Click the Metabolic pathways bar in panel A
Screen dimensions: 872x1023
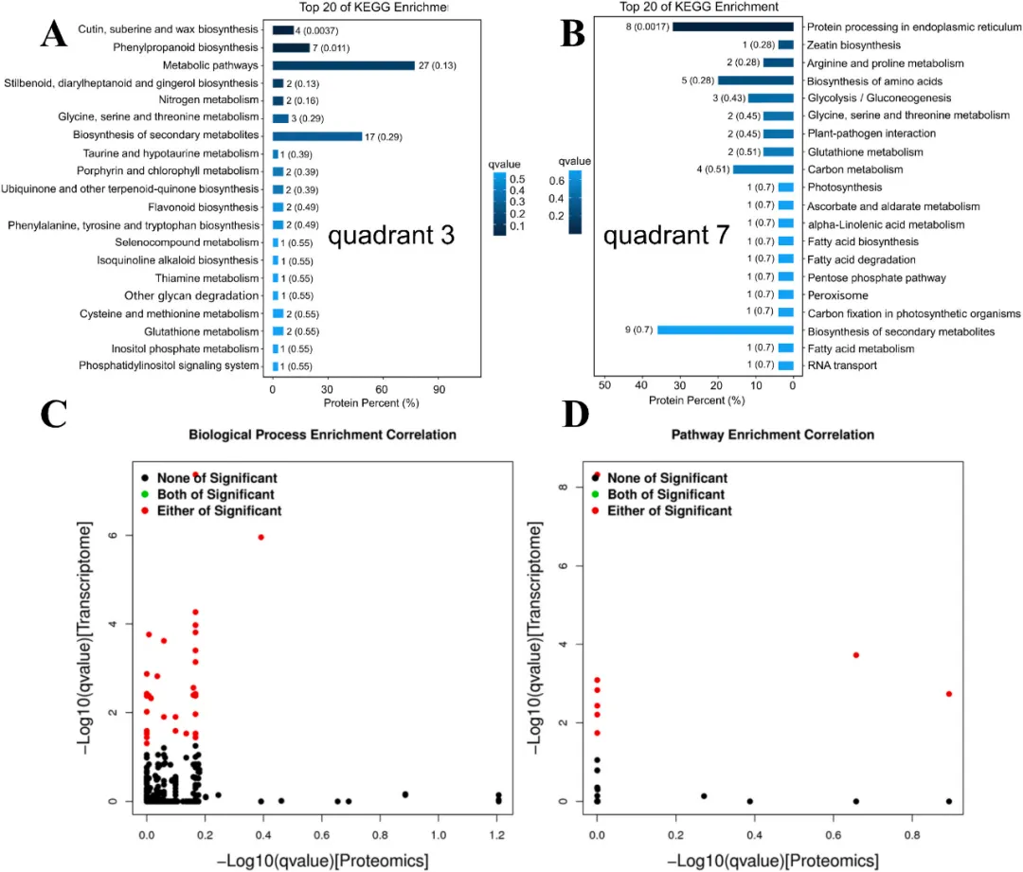(343, 65)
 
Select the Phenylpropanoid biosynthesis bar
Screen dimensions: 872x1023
(291, 47)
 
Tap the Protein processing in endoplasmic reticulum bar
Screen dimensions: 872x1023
(732, 27)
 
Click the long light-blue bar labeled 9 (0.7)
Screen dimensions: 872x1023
(725, 330)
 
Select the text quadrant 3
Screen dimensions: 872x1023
(391, 236)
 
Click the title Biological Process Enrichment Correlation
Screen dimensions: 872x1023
(323, 435)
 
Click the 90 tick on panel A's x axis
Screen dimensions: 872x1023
(440, 388)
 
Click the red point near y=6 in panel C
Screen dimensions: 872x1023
(260, 538)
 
